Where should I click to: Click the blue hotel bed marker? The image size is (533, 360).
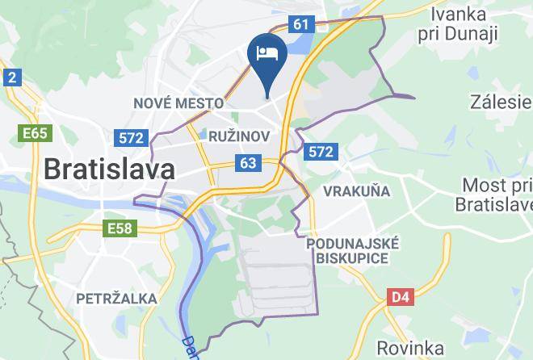[x=266, y=55]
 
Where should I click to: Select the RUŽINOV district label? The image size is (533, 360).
[x=238, y=136]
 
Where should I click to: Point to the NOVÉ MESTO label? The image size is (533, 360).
[x=178, y=103]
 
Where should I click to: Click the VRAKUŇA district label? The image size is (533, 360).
[x=356, y=191]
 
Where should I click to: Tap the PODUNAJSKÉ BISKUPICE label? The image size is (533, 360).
[x=353, y=250]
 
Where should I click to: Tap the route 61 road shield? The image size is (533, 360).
[x=301, y=24]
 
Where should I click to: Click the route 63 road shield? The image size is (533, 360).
[x=248, y=164]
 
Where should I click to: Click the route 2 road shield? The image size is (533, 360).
[x=11, y=77]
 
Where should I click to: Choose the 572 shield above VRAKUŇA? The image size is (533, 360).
[x=321, y=151]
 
